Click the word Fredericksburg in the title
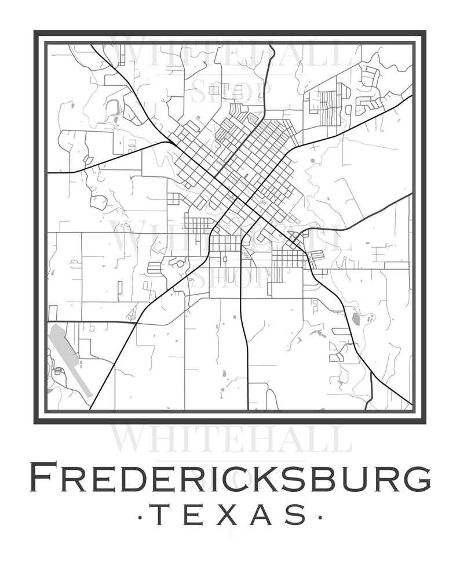(x=230, y=478)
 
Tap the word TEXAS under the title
(x=230, y=515)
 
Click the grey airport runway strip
(x=70, y=360)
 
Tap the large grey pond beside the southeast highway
(x=356, y=318)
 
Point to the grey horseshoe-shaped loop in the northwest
(x=112, y=106)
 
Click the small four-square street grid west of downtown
(x=174, y=199)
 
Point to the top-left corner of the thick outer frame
(x=36, y=32)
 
